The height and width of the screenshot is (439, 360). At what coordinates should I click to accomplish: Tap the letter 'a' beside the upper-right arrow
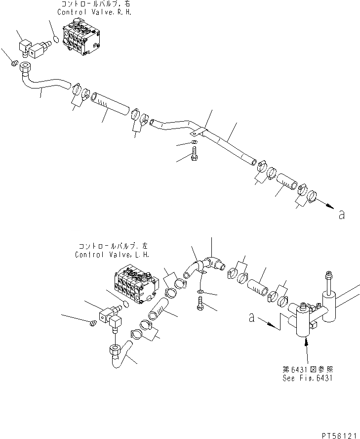pos(341,215)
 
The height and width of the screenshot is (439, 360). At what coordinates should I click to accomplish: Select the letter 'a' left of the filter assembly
pos(252,319)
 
